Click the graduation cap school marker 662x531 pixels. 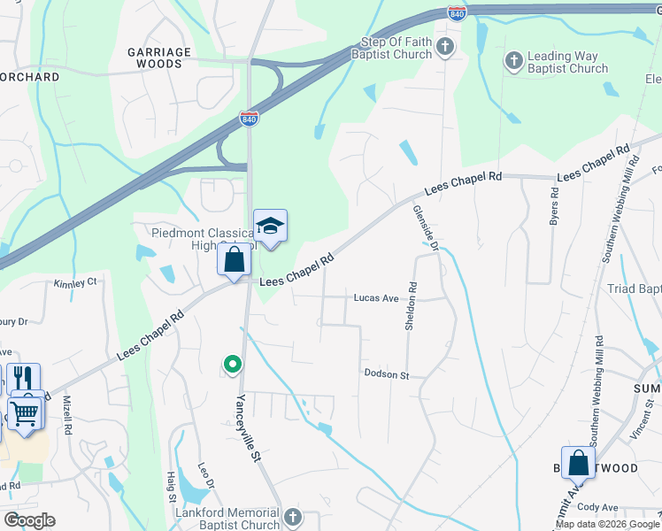pos(270,226)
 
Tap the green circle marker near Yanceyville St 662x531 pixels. pos(232,364)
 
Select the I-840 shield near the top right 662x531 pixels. pos(457,13)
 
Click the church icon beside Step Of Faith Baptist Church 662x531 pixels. pos(445,47)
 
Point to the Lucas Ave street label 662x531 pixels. pos(376,298)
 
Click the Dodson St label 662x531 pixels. pos(386,374)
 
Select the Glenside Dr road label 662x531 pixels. pos(425,228)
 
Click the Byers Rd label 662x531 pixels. pos(554,204)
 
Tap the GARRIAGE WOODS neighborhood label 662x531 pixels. pos(159,58)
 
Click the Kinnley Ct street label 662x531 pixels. pos(74,283)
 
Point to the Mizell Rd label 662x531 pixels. pos(68,413)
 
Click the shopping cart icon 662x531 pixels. pos(26,412)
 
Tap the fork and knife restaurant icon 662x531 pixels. pos(24,378)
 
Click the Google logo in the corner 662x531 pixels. pos(29,520)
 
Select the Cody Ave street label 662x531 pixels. pos(594,507)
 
